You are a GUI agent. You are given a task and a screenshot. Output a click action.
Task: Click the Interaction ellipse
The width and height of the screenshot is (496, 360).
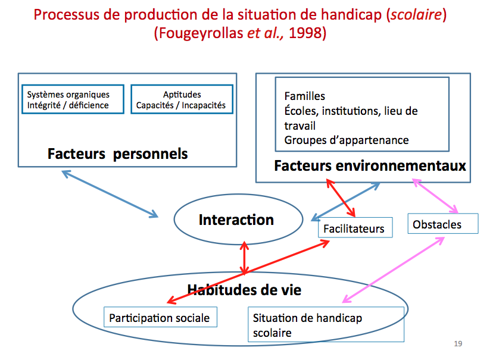point(236,220)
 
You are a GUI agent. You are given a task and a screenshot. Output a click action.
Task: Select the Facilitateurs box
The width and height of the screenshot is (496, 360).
point(354,228)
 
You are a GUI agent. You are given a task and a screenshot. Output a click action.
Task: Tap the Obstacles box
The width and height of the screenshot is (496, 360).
point(444,224)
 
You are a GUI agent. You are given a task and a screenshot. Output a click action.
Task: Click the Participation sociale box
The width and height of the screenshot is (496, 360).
point(160,318)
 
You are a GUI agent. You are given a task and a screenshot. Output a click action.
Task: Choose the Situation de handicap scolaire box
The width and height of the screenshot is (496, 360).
point(326,325)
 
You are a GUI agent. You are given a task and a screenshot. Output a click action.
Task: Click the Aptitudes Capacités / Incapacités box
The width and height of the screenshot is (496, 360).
point(182,100)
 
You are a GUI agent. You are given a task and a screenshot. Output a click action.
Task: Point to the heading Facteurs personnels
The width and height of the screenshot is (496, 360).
point(118,154)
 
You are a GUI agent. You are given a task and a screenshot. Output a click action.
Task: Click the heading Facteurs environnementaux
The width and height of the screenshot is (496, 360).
point(370,166)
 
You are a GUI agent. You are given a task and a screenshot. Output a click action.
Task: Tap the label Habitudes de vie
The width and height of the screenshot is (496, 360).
point(244,290)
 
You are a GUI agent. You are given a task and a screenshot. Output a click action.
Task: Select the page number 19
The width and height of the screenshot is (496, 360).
point(458,344)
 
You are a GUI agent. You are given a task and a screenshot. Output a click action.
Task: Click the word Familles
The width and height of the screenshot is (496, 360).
point(304,96)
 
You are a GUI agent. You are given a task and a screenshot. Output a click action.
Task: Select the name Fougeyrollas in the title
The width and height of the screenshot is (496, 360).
point(200,33)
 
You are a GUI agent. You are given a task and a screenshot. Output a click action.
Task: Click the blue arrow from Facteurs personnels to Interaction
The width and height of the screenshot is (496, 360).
point(110,194)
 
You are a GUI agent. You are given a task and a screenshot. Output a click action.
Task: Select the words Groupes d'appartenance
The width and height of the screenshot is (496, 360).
point(346,140)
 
